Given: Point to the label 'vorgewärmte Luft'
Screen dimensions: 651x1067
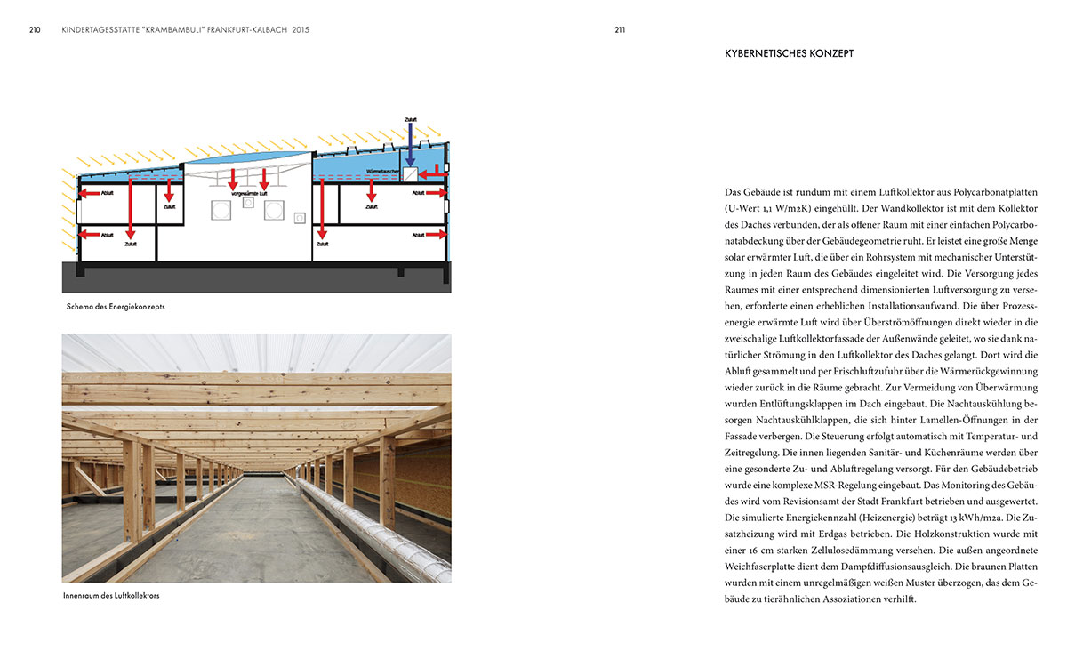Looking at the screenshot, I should (250, 193).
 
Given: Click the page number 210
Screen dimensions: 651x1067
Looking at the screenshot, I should (35, 29).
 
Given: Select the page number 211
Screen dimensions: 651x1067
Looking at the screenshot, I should (620, 29).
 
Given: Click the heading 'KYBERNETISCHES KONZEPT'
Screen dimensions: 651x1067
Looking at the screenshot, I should (790, 53).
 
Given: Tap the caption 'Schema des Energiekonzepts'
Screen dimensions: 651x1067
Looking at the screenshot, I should (116, 307).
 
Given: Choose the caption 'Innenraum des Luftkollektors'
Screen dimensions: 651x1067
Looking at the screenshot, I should (113, 595).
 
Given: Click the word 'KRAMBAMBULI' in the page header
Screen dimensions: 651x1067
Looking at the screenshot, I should (169, 29).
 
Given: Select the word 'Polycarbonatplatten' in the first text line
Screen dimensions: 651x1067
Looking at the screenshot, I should (964, 192).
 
